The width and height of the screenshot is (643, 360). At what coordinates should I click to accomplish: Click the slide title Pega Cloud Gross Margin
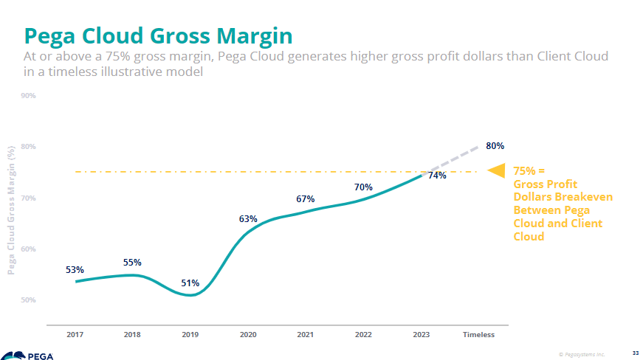pyautogui.click(x=158, y=36)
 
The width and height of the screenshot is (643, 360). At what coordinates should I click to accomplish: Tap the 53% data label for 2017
pyautogui.click(x=75, y=270)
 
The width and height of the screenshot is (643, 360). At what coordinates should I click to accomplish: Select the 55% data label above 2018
pyautogui.click(x=132, y=263)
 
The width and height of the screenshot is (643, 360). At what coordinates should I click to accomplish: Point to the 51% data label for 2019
pyautogui.click(x=190, y=283)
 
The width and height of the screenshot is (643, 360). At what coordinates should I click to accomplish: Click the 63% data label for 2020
pyautogui.click(x=248, y=219)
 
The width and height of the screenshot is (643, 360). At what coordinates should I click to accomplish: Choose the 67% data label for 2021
pyautogui.click(x=306, y=199)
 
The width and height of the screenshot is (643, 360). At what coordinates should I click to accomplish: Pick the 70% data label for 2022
pyautogui.click(x=363, y=187)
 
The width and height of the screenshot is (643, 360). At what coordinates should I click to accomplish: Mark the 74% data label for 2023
pyautogui.click(x=437, y=176)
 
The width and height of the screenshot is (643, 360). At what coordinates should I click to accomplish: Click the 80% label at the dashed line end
pyautogui.click(x=495, y=146)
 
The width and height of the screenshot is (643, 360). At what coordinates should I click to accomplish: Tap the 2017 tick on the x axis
pyautogui.click(x=75, y=335)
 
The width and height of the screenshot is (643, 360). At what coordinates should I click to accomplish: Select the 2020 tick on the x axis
pyautogui.click(x=248, y=335)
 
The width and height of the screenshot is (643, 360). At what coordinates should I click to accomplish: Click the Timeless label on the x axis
pyautogui.click(x=478, y=335)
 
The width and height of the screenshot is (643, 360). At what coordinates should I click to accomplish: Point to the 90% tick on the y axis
pyautogui.click(x=28, y=96)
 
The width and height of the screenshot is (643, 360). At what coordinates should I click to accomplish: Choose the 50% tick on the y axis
pyautogui.click(x=28, y=300)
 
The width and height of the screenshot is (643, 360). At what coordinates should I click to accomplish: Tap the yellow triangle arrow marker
pyautogui.click(x=497, y=171)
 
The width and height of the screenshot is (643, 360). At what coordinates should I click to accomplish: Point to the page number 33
pyautogui.click(x=635, y=353)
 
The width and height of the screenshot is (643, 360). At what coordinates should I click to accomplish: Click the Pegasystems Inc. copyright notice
pyautogui.click(x=582, y=353)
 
